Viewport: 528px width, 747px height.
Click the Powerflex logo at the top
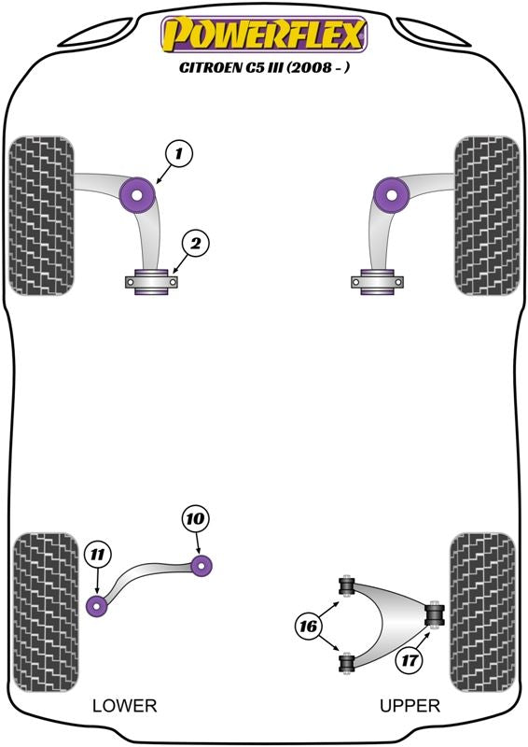point(264,35)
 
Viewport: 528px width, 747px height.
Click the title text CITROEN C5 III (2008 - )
point(264,67)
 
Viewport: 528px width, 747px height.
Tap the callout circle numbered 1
point(180,151)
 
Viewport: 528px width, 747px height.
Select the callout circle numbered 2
point(195,245)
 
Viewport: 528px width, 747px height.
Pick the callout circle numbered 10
point(197,518)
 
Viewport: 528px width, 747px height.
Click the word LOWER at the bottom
point(124,705)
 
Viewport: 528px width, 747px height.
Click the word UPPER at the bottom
point(410,705)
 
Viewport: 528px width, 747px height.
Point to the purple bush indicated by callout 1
point(141,192)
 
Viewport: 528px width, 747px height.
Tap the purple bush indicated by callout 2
point(151,281)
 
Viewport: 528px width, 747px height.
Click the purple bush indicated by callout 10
point(202,564)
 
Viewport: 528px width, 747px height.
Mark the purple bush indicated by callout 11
point(98,604)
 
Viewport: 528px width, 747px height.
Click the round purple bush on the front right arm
point(391,194)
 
